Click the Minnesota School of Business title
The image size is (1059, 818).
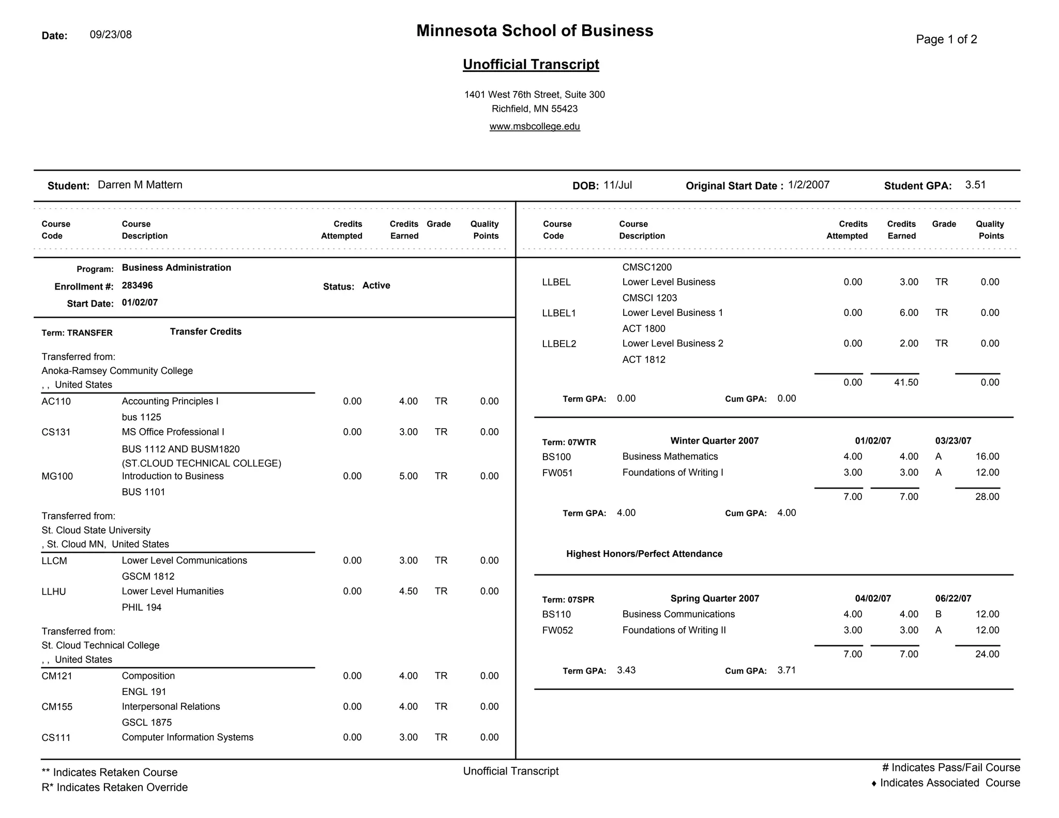coord(535,31)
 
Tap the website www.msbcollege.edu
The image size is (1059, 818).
coord(535,127)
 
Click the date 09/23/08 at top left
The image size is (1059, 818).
coord(111,35)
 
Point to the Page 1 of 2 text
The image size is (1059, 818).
coord(946,40)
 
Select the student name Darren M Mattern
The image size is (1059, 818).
coord(140,185)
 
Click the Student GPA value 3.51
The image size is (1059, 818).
coord(975,185)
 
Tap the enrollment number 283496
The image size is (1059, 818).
coord(138,286)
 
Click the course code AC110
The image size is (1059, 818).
coord(56,402)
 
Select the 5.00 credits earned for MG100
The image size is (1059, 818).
coord(408,476)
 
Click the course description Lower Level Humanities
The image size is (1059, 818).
coord(173,592)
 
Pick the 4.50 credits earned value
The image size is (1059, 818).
coord(408,592)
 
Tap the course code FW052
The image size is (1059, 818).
coord(557,631)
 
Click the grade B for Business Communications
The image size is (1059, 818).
coord(939,615)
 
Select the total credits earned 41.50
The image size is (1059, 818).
coord(906,383)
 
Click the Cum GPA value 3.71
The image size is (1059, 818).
coord(786,671)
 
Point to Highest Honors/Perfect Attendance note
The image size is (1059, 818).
coord(644,554)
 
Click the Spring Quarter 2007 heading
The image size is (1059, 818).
coord(715,599)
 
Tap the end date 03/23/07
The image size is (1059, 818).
coord(953,441)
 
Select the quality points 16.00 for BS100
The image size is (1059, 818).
coord(987,457)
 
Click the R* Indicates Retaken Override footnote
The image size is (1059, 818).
coord(115,787)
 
